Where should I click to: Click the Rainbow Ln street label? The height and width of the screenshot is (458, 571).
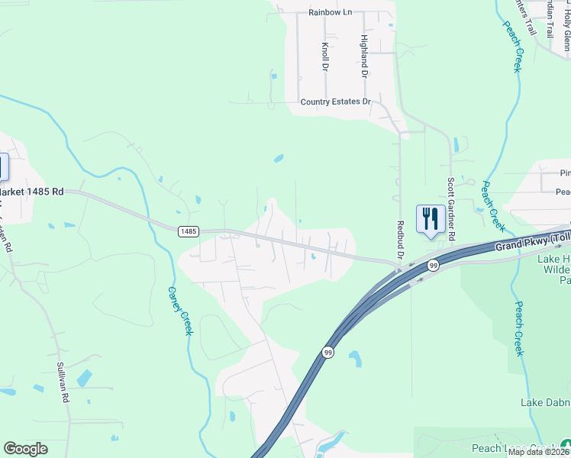click(331, 12)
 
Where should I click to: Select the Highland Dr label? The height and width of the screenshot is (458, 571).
click(365, 56)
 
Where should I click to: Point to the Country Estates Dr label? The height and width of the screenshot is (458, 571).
click(335, 102)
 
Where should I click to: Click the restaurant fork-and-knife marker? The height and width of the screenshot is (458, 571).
click(431, 218)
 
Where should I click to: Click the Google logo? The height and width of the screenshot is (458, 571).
click(25, 449)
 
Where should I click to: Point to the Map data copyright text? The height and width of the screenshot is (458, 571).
click(538, 452)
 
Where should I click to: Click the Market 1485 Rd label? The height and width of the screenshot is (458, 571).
click(31, 192)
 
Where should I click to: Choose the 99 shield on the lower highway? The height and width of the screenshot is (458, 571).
click(327, 352)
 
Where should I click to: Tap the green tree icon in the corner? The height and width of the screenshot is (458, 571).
click(565, 444)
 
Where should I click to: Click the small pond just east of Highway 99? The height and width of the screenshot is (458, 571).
click(355, 357)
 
